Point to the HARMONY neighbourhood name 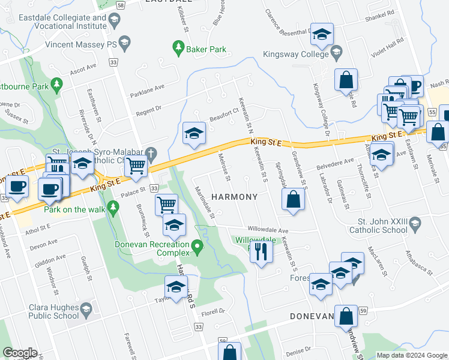[235, 197]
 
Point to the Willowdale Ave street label [268, 230]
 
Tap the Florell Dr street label [212, 311]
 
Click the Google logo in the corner [20, 353]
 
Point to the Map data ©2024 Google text [411, 355]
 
